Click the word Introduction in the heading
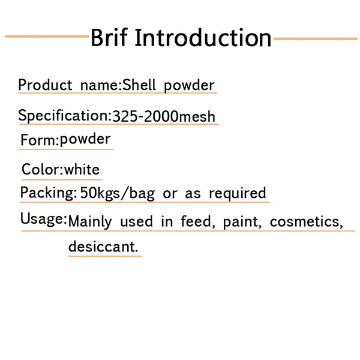[x=203, y=38]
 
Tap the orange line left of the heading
[x=47, y=37]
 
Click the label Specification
[x=63, y=116]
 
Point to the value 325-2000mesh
[x=164, y=116]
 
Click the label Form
[x=38, y=140]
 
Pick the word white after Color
[x=82, y=170]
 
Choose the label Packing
[x=47, y=194]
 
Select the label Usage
[x=42, y=219]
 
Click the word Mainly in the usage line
[x=90, y=222]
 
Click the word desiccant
[x=103, y=247]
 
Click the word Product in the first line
[x=44, y=85]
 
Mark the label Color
[x=41, y=170]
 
